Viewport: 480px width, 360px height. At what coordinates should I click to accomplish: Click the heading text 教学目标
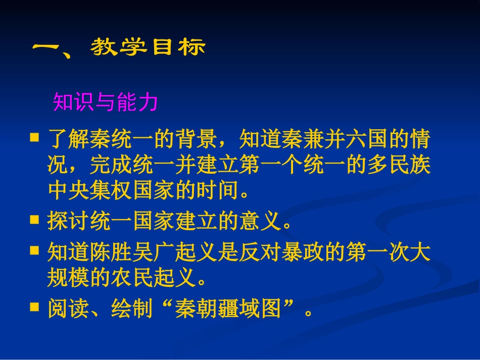coord(148,47)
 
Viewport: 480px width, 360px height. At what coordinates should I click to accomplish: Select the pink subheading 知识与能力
coord(106,102)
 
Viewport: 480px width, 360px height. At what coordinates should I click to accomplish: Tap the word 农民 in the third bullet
coord(132,277)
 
